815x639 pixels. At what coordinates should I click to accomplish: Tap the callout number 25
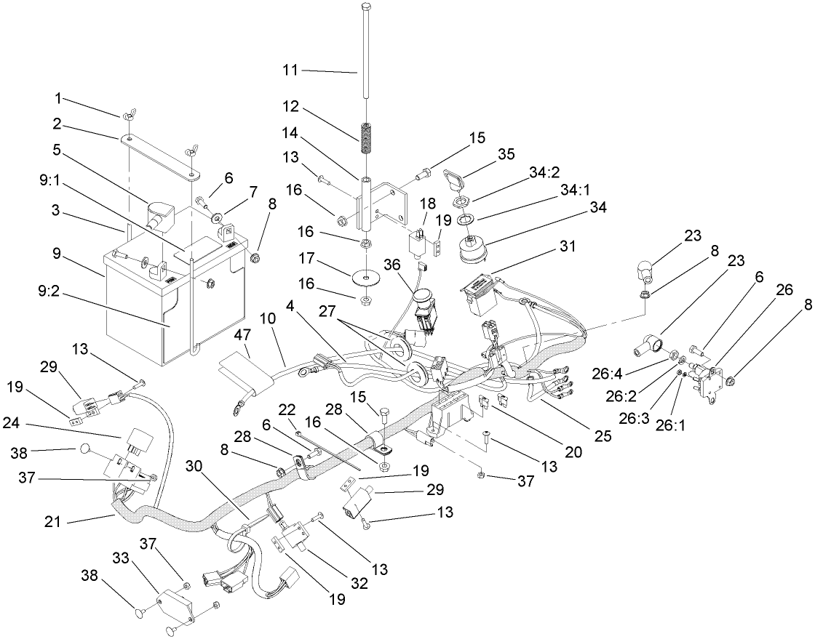pos(603,436)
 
